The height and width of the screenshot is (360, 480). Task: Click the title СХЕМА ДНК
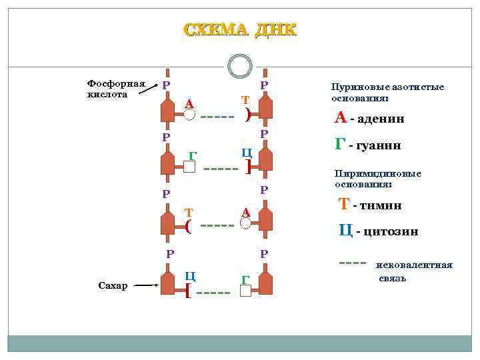239,30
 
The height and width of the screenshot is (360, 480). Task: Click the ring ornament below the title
239,65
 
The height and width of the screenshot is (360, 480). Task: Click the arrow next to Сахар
146,285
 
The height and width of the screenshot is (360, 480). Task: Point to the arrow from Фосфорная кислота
149,91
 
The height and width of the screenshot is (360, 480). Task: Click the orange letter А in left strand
189,103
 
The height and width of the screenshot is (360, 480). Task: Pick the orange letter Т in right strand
245,99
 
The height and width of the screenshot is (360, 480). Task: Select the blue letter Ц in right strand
246,152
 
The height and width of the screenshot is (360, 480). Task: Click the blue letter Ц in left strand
190,275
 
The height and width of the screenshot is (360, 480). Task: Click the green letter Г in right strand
245,279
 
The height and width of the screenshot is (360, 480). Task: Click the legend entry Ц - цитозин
378,231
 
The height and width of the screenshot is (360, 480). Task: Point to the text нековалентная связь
414,271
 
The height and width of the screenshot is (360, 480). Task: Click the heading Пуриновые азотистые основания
387,92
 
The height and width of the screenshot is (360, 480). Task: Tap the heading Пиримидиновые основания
377,179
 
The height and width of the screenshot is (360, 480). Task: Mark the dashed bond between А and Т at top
217,118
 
